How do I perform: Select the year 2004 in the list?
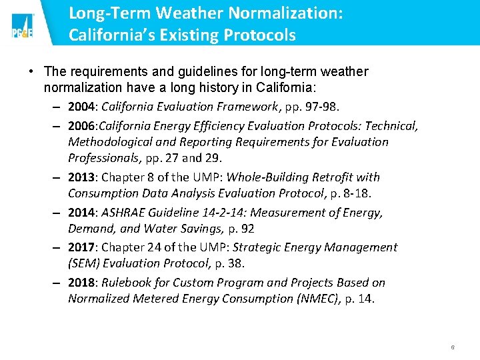[82, 107]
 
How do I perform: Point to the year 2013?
[82, 177]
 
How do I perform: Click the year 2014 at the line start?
[82, 213]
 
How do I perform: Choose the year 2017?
[82, 247]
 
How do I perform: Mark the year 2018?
[82, 283]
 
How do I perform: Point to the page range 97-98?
[323, 107]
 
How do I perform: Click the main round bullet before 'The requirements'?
[31, 71]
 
